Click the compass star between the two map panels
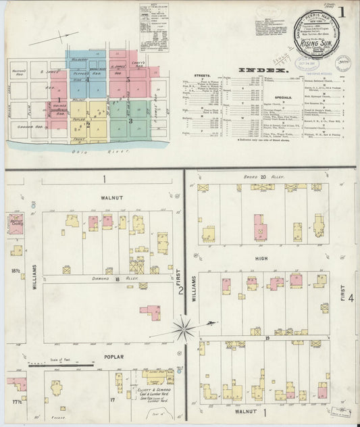(184, 329)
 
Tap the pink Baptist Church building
(16, 224)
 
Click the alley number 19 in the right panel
(267, 336)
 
